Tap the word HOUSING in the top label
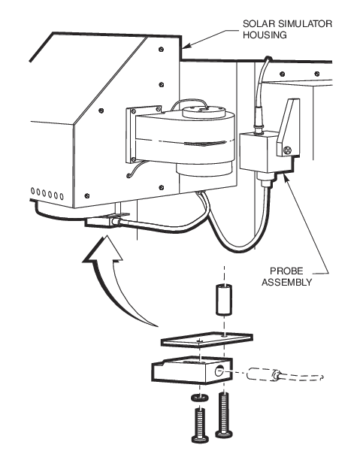(265, 35)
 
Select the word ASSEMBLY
(286, 282)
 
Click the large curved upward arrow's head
(103, 250)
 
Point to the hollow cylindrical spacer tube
(224, 299)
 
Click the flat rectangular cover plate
(207, 340)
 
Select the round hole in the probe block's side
(219, 372)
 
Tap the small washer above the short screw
(200, 398)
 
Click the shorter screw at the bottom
(200, 425)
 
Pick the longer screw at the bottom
(224, 415)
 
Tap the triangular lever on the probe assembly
(289, 127)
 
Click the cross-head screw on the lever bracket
(287, 150)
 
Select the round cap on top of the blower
(204, 110)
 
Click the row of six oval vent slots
(47, 194)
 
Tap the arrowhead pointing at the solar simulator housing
(187, 44)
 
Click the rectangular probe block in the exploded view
(192, 371)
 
